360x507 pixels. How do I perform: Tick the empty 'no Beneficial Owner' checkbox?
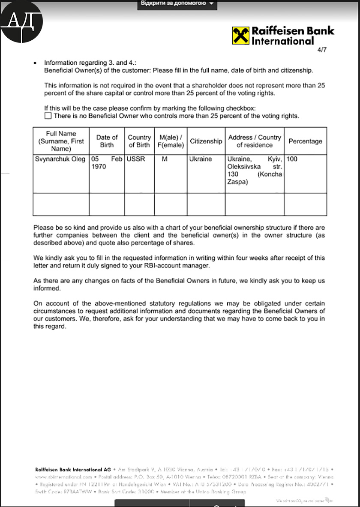click(x=48, y=116)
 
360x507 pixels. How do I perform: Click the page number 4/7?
click(x=321, y=50)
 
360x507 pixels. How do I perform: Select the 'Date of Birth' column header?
click(x=107, y=141)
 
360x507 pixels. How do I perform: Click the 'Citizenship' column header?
click(x=206, y=141)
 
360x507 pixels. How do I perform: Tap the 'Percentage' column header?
click(x=305, y=141)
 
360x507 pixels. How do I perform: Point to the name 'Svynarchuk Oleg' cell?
click(x=60, y=159)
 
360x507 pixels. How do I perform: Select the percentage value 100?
click(x=292, y=159)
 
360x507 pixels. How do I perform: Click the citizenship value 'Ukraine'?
click(x=201, y=159)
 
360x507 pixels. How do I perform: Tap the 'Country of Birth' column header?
click(x=139, y=141)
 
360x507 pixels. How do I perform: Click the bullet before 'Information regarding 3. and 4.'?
click(x=35, y=63)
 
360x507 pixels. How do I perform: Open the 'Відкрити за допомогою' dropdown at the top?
click(x=177, y=3)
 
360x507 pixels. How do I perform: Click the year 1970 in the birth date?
click(x=99, y=167)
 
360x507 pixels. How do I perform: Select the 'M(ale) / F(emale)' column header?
click(x=171, y=141)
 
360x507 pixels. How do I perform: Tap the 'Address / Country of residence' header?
click(x=255, y=141)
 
